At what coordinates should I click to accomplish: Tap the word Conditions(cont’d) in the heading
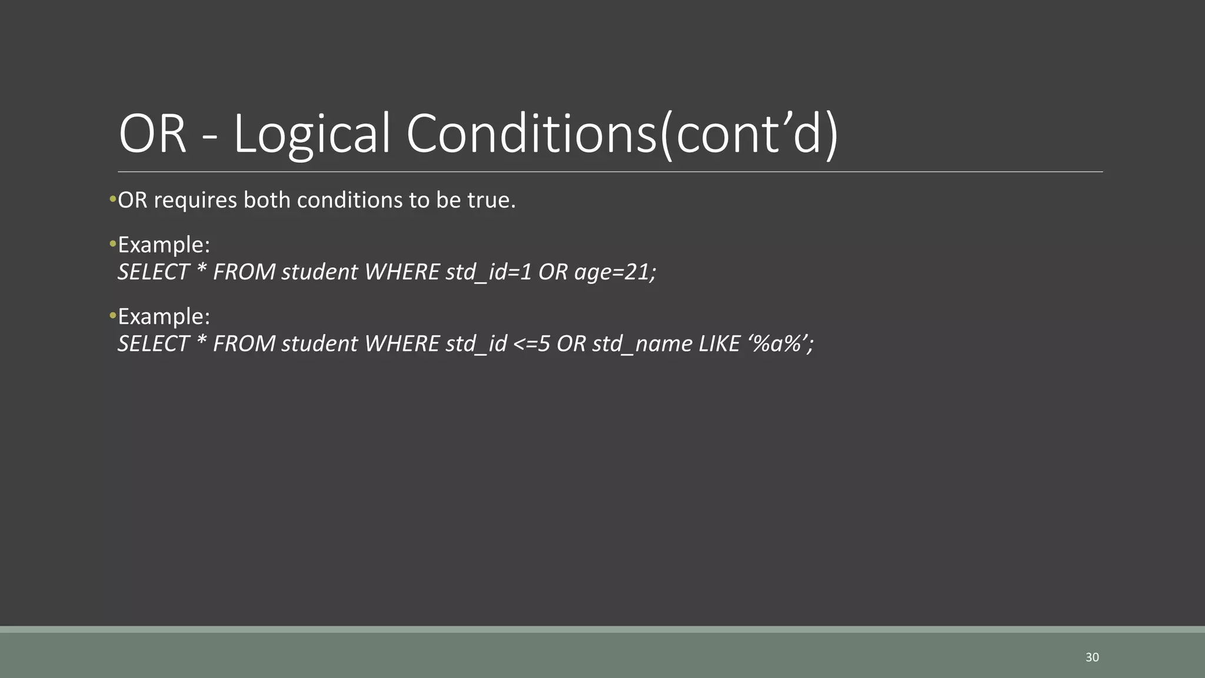click(x=622, y=134)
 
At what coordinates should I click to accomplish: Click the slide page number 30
click(x=1092, y=657)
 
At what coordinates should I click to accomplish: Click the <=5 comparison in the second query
click(x=531, y=344)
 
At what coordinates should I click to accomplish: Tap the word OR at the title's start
click(x=152, y=134)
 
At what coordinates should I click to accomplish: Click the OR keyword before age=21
click(x=552, y=272)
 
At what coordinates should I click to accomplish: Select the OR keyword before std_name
click(x=571, y=344)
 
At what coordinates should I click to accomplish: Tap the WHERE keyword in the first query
click(x=402, y=272)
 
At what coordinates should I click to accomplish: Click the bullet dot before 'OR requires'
click(x=112, y=200)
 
